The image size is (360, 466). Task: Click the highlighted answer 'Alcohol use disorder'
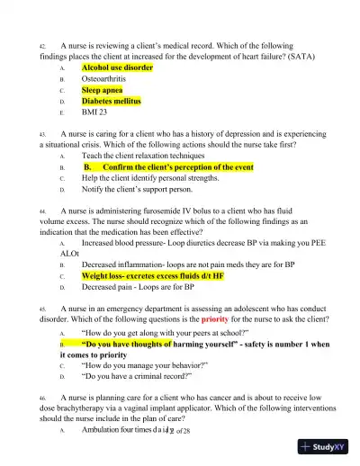coord(117,67)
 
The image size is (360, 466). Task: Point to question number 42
coord(42,44)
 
